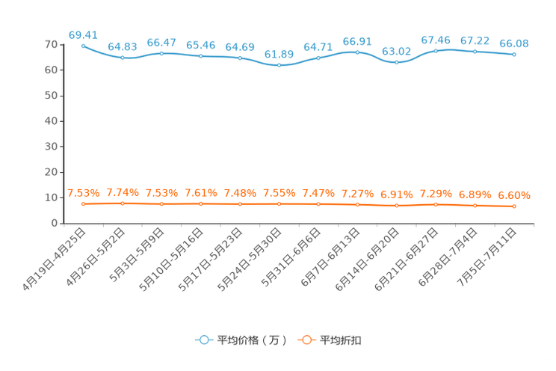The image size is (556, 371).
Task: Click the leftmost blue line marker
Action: (x=83, y=45)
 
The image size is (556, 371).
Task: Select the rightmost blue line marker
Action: (x=514, y=55)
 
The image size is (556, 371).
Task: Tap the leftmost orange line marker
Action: (x=83, y=203)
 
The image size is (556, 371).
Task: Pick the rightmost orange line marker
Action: (x=514, y=206)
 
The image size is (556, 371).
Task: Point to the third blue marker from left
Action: (x=161, y=53)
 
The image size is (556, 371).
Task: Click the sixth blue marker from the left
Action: (x=279, y=66)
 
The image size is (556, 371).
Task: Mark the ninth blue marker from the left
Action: (x=396, y=63)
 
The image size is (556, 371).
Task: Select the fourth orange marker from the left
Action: (x=200, y=203)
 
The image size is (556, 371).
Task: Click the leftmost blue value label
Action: (x=82, y=34)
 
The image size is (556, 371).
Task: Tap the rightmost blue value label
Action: (x=514, y=43)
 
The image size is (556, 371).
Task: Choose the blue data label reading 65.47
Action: (x=161, y=42)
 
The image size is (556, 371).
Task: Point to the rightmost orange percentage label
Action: (x=514, y=196)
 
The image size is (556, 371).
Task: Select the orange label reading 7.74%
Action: (x=122, y=193)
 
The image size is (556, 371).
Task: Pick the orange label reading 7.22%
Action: (x=357, y=194)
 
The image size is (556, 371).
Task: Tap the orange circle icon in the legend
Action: (x=306, y=340)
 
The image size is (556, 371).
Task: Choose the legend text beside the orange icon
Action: (x=342, y=340)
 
